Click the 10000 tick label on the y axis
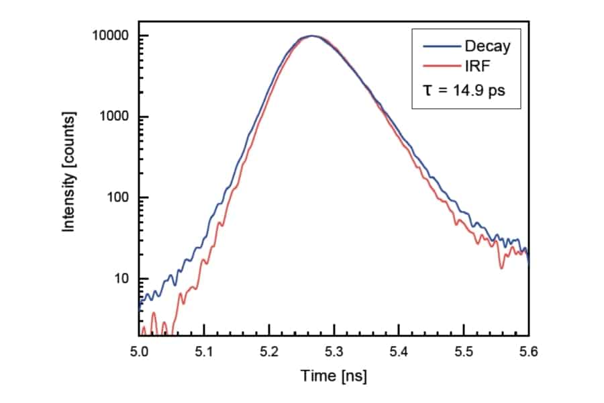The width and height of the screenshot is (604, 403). tap(112, 36)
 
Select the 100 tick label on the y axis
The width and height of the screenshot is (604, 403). tap(119, 198)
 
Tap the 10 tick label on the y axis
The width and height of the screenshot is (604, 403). tap(122, 279)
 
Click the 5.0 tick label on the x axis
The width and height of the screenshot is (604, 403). tap(139, 350)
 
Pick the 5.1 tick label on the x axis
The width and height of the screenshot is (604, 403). tap(204, 350)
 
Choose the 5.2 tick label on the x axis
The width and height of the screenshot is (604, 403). tap(269, 350)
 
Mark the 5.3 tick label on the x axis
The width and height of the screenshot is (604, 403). tap(334, 350)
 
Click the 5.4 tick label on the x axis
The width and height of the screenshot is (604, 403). tap(399, 350)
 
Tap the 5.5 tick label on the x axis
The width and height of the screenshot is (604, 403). tap(464, 350)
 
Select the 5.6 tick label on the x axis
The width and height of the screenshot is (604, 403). tap(529, 350)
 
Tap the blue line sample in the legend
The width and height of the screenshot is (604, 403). tap(441, 46)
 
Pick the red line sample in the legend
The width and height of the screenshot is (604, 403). tap(441, 66)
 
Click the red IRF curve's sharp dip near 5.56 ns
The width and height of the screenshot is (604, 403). tap(501, 268)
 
